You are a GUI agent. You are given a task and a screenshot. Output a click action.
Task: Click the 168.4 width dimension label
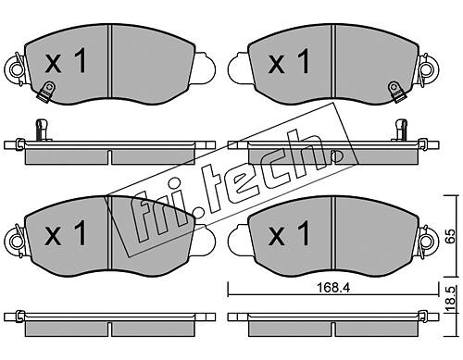[333, 288]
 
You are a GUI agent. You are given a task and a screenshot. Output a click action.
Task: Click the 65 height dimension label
[451, 236]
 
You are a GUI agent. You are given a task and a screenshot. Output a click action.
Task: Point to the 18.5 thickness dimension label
[451, 300]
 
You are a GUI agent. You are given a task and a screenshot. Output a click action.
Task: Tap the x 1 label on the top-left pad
[66, 62]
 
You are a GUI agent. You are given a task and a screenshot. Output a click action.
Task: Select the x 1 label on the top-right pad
[289, 62]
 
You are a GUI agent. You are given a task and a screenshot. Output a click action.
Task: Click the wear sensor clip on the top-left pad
[45, 91]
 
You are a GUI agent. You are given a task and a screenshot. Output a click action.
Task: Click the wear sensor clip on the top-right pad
[395, 92]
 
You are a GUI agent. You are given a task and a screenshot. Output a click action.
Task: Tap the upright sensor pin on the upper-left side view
[43, 130]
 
